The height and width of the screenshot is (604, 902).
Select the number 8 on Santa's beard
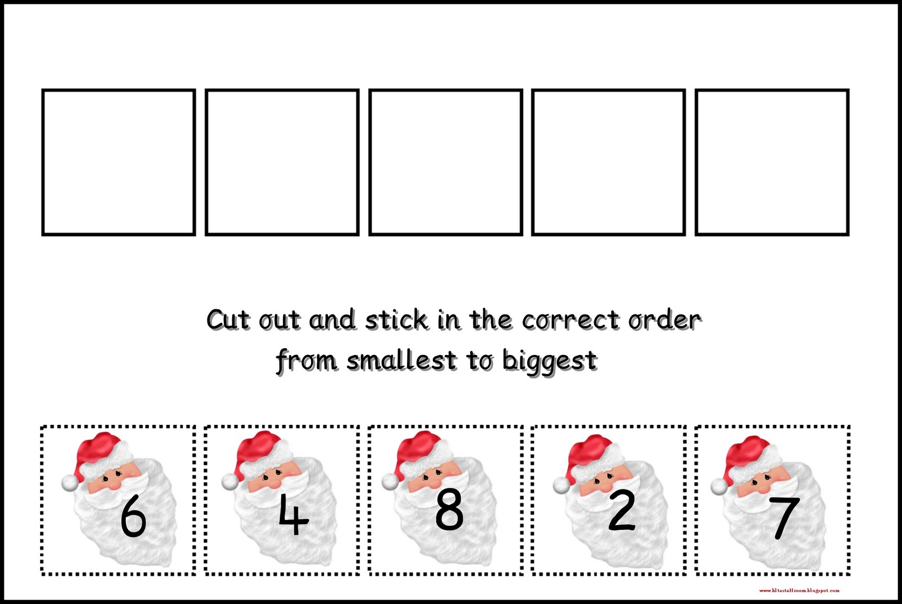(449, 510)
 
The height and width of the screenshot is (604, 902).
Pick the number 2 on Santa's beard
(621, 511)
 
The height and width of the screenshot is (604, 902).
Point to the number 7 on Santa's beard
(784, 517)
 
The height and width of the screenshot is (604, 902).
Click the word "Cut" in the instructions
(228, 320)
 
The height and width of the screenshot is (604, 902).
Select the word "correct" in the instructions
(570, 320)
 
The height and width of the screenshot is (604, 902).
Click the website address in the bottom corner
(799, 590)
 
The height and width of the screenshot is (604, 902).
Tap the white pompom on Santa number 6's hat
(69, 482)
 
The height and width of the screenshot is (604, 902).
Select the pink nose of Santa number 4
(274, 483)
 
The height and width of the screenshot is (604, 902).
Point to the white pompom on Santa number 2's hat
(561, 485)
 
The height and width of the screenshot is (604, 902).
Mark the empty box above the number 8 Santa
(445, 162)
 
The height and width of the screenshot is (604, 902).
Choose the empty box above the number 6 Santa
(118, 162)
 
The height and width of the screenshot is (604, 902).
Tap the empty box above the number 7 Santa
(772, 162)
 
